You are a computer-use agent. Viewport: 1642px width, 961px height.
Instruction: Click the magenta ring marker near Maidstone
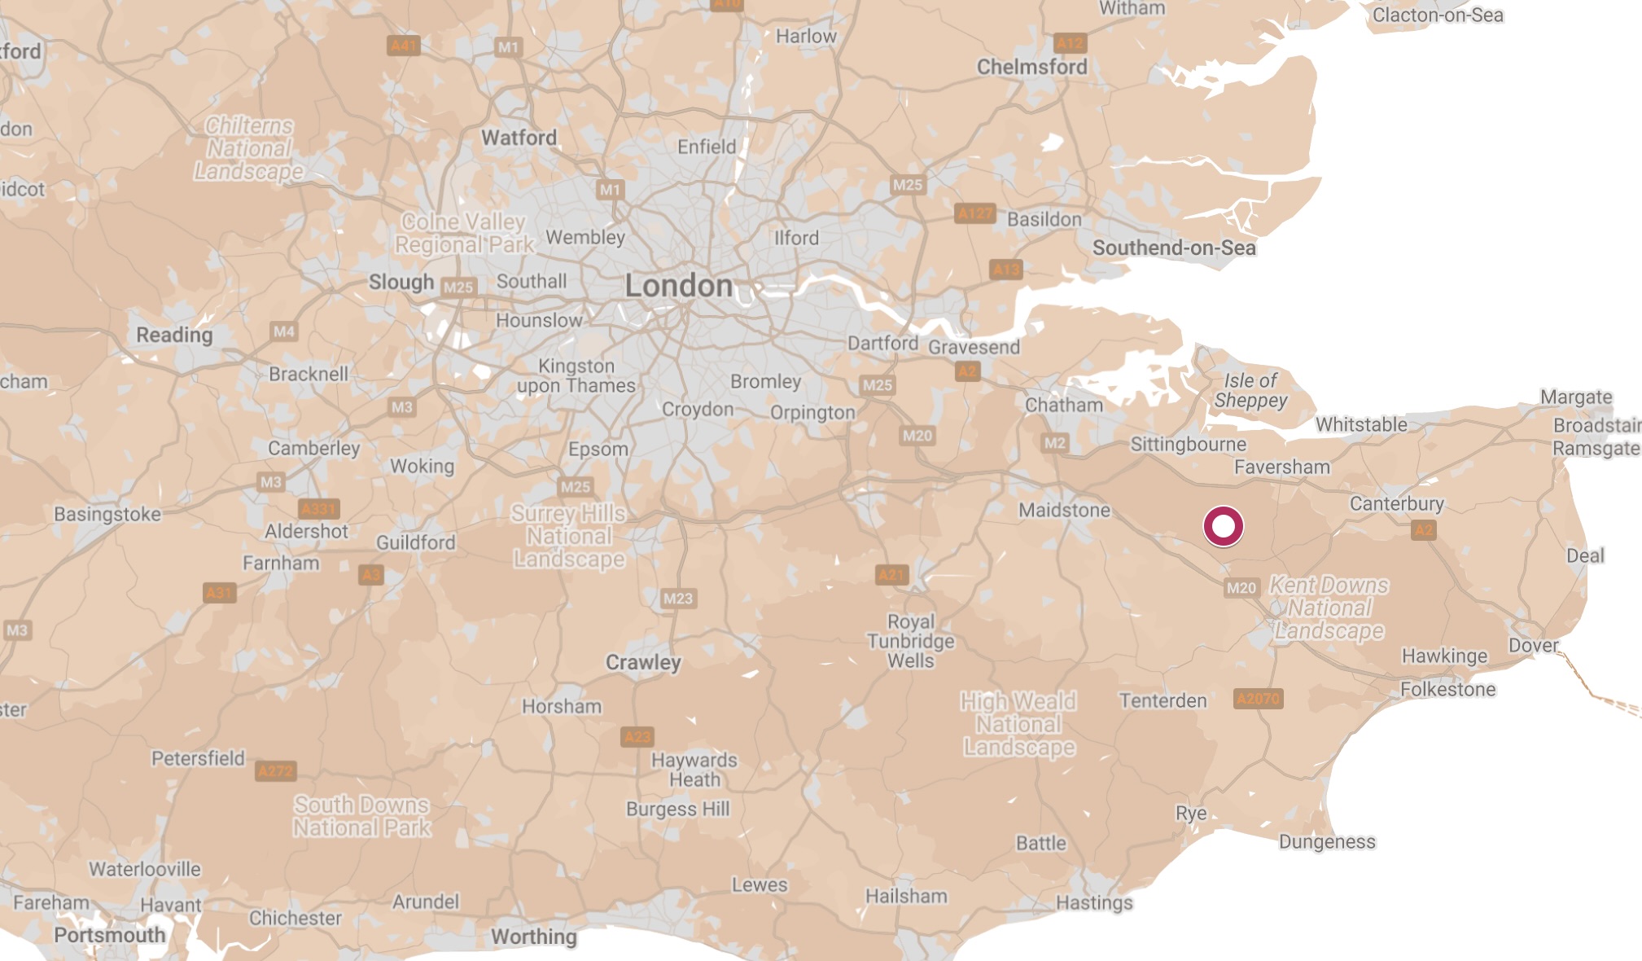click(1223, 526)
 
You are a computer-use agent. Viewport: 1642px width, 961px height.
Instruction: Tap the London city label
click(679, 286)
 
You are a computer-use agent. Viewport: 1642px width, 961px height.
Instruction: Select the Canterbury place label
click(1396, 503)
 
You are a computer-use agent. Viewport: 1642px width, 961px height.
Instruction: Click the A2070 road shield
click(1258, 699)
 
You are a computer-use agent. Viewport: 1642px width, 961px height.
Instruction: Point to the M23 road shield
click(677, 599)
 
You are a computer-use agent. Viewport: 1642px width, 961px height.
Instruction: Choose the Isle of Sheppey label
click(1250, 390)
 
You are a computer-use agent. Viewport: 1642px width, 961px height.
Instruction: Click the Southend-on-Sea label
click(1173, 248)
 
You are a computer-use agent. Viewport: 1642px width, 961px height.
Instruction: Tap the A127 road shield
click(974, 213)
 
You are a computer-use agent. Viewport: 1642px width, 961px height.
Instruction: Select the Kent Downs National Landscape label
click(1329, 608)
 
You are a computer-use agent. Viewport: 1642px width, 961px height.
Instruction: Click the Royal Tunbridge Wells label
click(910, 641)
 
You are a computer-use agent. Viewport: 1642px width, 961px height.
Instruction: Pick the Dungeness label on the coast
click(1326, 841)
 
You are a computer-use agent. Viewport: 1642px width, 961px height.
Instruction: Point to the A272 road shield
click(276, 770)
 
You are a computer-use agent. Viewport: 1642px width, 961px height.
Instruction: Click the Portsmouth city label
click(110, 935)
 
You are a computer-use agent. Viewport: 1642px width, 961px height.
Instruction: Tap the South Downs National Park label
click(361, 816)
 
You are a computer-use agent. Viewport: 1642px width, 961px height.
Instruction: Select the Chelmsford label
click(1031, 67)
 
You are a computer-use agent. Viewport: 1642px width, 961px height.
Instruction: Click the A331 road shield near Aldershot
click(318, 509)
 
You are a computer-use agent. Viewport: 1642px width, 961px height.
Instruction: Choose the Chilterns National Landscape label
click(248, 148)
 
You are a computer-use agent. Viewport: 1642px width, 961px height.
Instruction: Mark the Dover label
click(1533, 645)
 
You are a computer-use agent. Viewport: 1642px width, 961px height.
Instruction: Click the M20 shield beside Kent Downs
click(1241, 587)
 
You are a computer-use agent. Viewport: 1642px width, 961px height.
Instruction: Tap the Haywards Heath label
click(694, 770)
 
